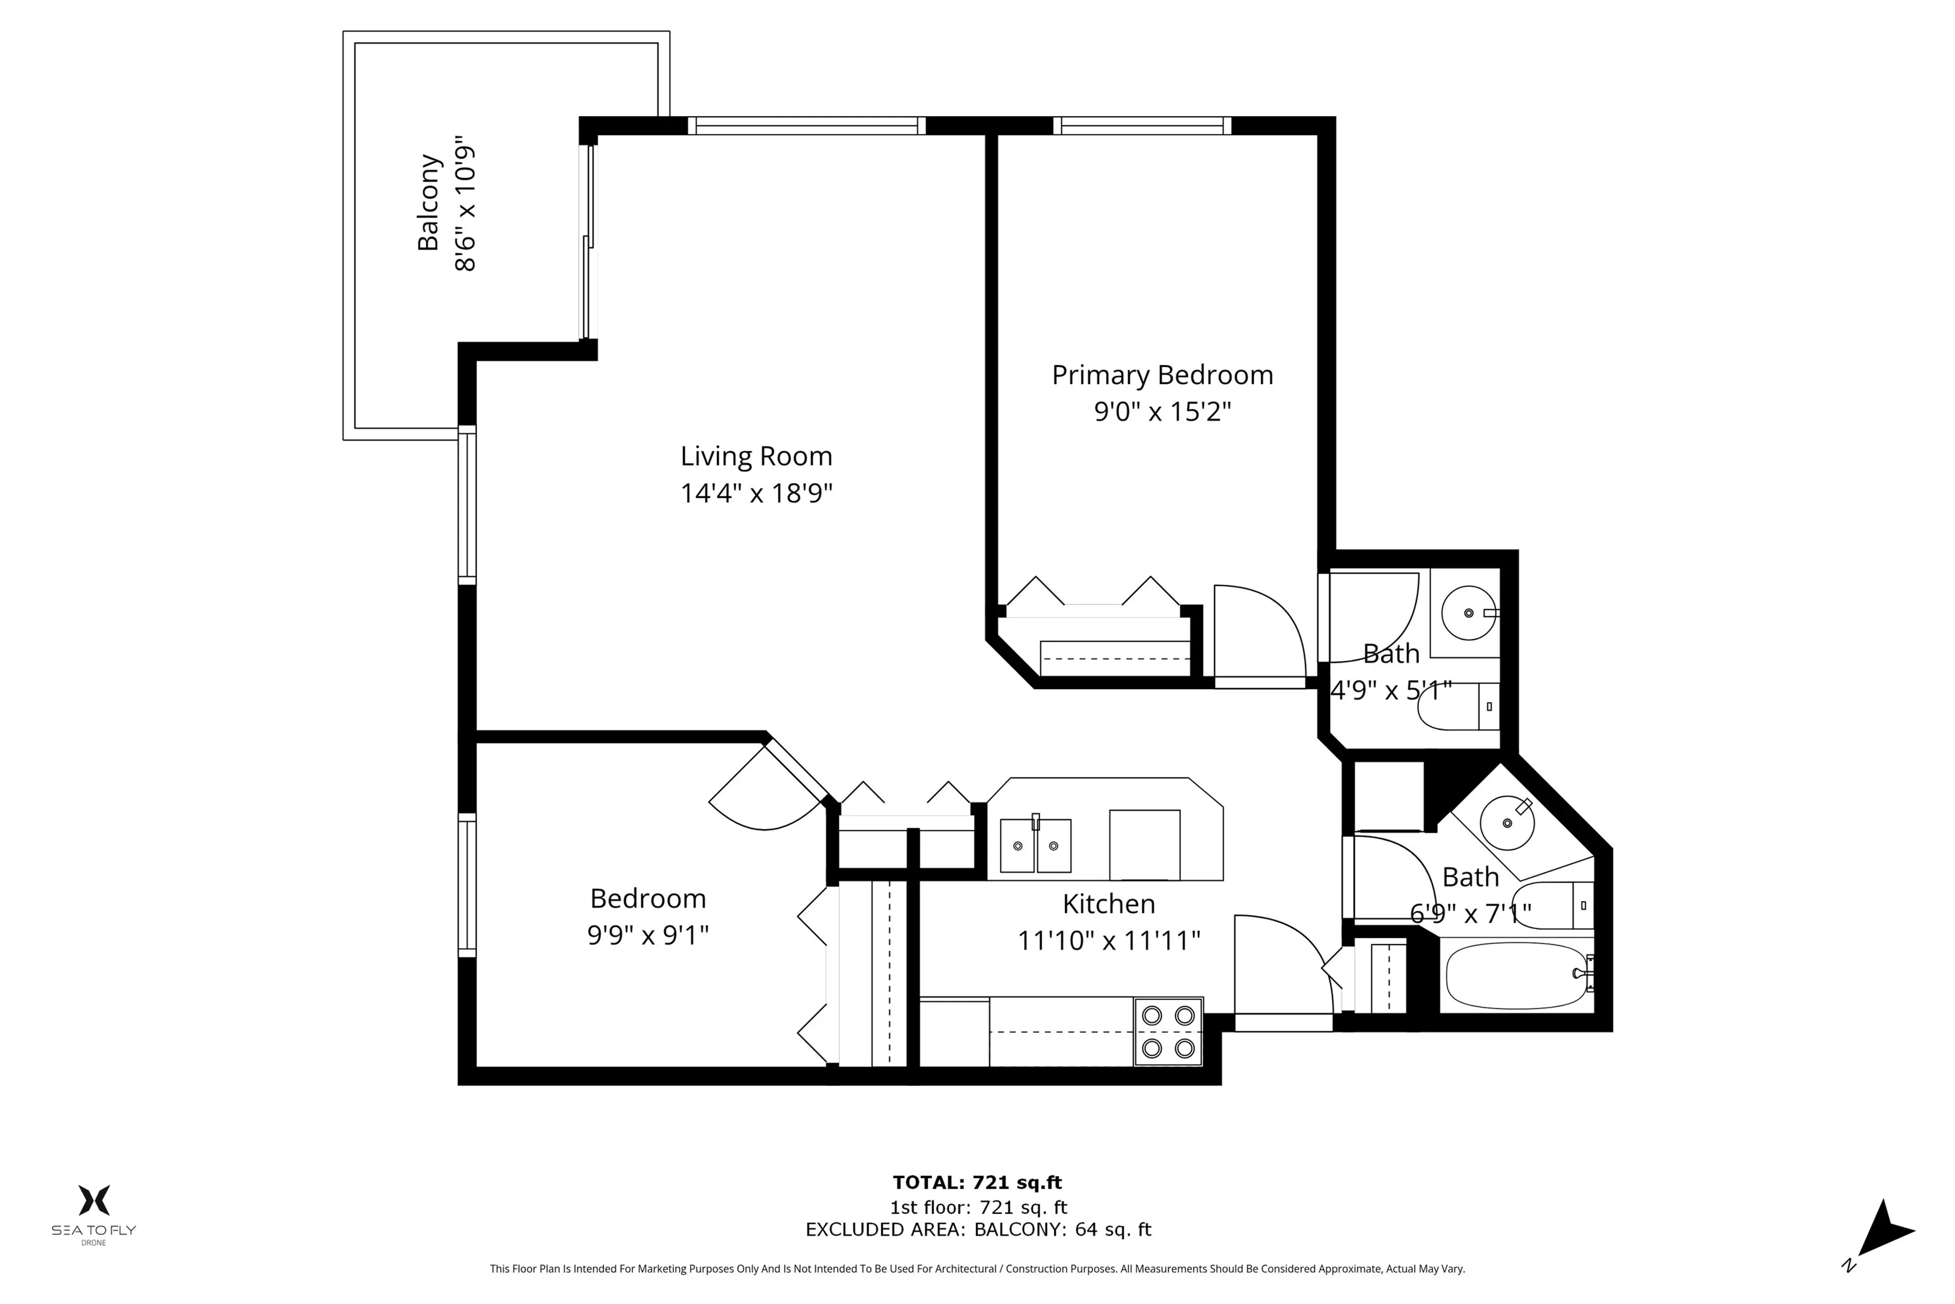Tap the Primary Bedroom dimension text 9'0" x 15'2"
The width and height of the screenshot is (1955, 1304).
1161,412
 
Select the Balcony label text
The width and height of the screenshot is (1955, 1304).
428,202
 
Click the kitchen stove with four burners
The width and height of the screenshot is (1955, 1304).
1168,1031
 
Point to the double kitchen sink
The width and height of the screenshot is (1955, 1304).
1035,846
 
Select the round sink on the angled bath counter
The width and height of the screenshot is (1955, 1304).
1507,823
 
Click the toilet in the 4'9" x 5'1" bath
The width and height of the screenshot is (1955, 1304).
1456,707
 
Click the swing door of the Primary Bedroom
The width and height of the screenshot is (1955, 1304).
1259,632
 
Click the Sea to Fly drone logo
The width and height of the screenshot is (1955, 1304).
94,1212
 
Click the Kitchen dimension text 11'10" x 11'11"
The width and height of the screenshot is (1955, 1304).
1109,941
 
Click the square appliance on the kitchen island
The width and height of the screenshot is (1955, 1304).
1144,844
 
